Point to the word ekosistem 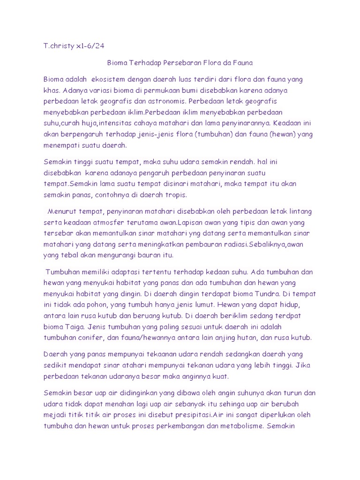(x=112, y=79)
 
